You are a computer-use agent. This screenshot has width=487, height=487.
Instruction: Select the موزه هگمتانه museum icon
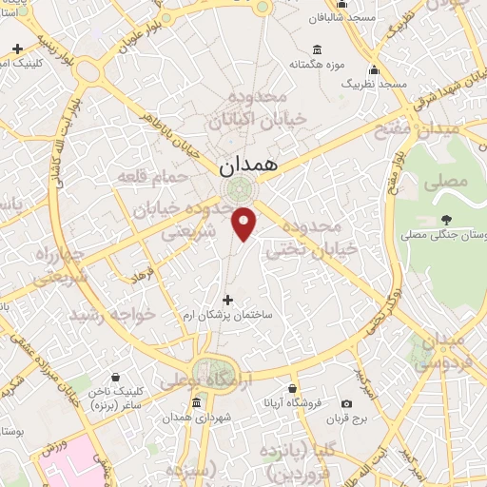[317, 50]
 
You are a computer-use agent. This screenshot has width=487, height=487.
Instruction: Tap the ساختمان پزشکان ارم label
[228, 314]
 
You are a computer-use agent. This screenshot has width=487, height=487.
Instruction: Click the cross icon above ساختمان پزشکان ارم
[226, 300]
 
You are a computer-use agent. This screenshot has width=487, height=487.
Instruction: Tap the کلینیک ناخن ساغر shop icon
[115, 378]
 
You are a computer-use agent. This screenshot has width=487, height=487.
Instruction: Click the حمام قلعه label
[146, 177]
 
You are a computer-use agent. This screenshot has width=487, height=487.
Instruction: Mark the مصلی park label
[440, 179]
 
